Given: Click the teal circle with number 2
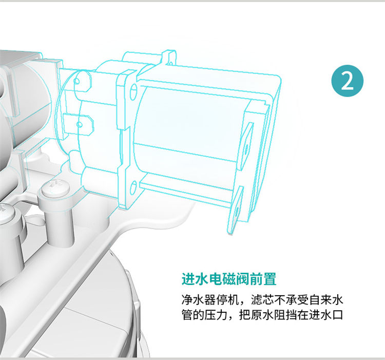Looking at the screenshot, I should click(x=348, y=83).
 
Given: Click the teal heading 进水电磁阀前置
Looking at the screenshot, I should click(x=229, y=280).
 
